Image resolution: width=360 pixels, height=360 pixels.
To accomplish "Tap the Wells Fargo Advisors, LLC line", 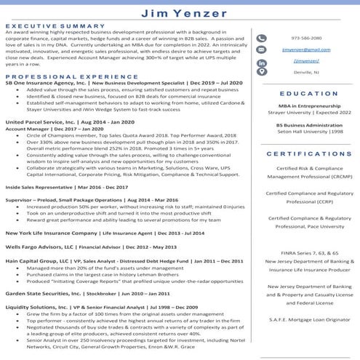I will coord(87,247).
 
